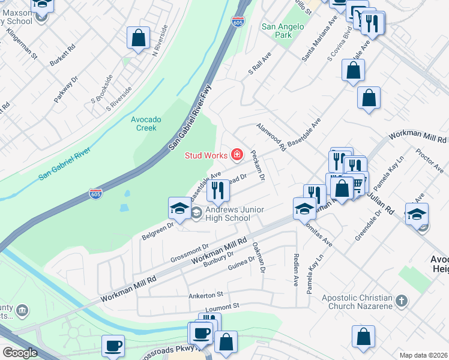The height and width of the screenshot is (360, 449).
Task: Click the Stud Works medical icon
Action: [x=237, y=156]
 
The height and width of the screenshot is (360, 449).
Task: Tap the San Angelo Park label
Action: [x=277, y=31]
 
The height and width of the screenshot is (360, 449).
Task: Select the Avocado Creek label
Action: [x=144, y=124]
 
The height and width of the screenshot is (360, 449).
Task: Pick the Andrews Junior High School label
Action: [x=228, y=214]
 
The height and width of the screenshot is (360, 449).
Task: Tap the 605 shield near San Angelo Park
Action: [x=238, y=22]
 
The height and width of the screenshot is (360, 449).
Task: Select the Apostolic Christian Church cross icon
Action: [x=402, y=300]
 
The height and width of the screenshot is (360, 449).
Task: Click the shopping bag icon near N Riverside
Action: [x=139, y=38]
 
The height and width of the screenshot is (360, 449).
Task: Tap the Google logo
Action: [x=20, y=353]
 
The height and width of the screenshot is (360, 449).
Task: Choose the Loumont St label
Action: [x=222, y=306]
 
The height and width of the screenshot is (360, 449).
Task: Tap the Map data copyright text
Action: [x=423, y=355]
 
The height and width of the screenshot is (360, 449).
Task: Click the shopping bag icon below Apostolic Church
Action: [x=363, y=338]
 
